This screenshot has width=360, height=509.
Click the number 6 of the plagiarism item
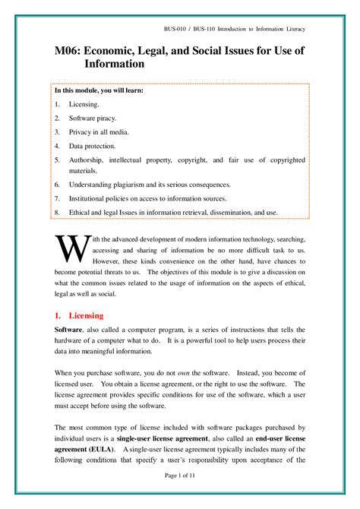[x=57, y=185]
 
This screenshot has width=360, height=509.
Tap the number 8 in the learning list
[x=57, y=212]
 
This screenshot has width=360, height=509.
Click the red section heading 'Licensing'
[x=86, y=315]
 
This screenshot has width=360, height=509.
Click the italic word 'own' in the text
[x=182, y=374]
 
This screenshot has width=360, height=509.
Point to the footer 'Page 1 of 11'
[x=180, y=475]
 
